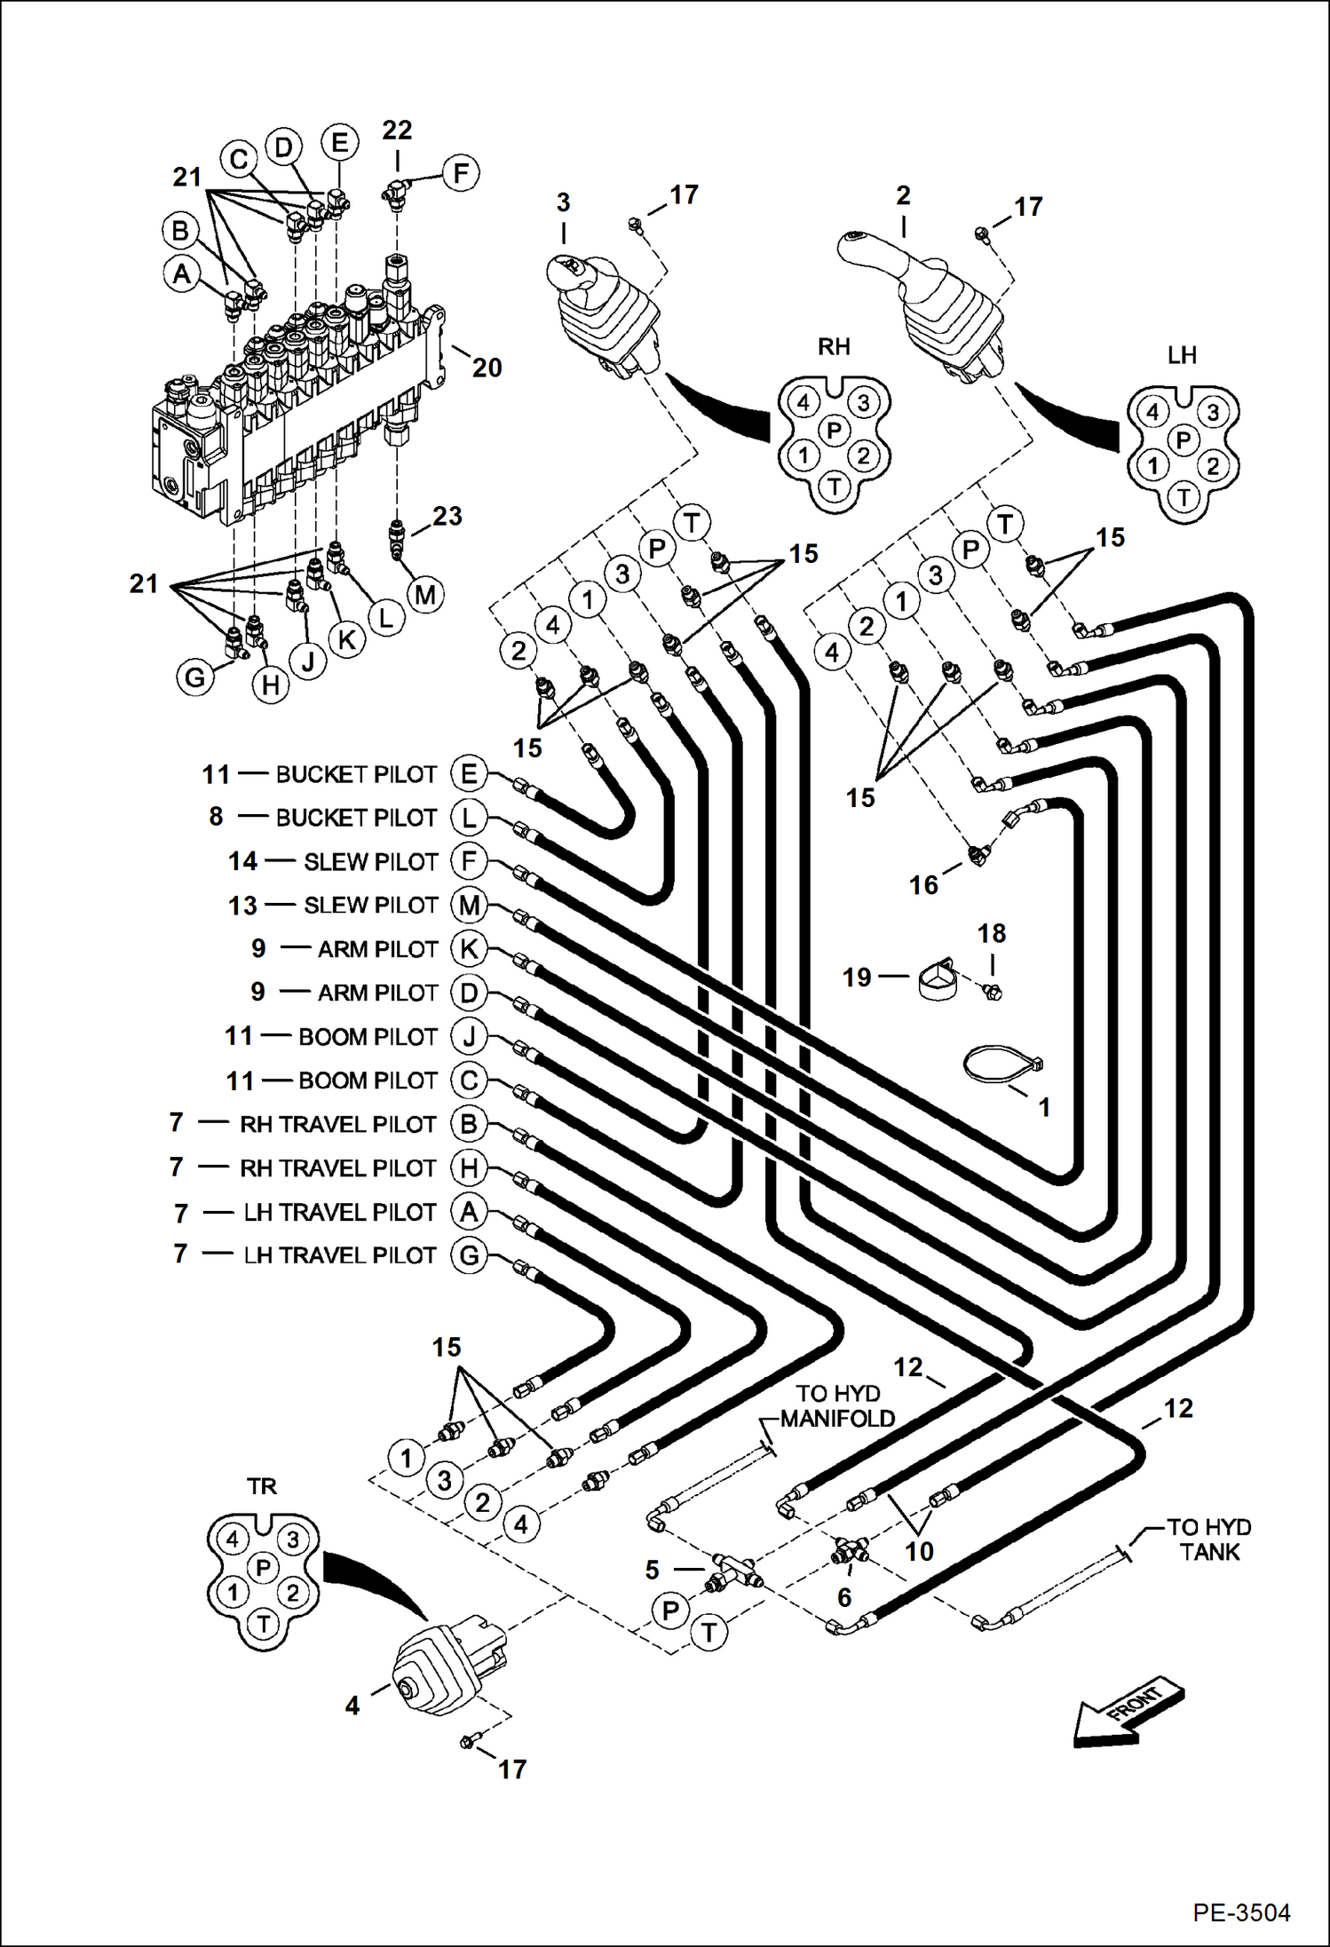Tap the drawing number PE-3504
click(1240, 1911)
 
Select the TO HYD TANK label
click(1208, 1539)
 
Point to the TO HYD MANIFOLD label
click(837, 1406)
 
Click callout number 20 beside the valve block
click(487, 368)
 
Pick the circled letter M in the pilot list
click(469, 906)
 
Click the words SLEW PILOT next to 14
click(371, 861)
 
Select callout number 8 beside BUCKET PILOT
click(216, 817)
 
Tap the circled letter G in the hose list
click(469, 1255)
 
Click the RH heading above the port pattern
click(834, 346)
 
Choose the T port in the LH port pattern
click(1183, 497)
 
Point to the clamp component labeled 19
click(937, 980)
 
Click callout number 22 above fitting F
click(397, 131)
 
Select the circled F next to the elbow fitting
click(460, 172)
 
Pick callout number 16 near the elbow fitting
click(923, 884)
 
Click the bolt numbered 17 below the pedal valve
click(468, 1742)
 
